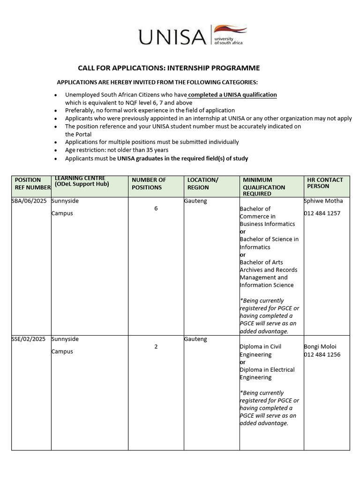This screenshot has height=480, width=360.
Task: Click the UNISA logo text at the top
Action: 172,37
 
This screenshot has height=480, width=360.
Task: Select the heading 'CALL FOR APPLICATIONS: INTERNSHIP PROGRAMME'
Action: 168,68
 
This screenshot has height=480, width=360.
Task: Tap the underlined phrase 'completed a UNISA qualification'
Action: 232,95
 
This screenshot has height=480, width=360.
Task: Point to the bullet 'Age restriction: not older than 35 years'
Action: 117,150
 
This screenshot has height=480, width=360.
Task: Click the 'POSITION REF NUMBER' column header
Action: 31,183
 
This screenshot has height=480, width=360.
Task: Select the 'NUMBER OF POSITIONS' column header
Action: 149,183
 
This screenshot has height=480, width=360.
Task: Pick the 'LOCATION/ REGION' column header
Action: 202,183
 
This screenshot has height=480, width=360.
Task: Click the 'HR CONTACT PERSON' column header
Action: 325,183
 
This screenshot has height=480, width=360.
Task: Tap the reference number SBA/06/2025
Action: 30,201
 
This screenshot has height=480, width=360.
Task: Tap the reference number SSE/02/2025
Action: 30,339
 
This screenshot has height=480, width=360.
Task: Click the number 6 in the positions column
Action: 156,209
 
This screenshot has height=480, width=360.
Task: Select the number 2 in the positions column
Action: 156,347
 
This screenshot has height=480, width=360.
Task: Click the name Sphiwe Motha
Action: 323,201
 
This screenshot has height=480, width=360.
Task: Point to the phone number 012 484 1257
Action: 322,213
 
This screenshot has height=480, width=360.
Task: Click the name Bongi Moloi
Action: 320,347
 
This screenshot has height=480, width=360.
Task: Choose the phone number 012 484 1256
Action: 322,354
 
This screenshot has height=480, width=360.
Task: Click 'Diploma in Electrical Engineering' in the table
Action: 267,374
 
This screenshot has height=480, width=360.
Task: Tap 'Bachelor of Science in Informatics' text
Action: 269,243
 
